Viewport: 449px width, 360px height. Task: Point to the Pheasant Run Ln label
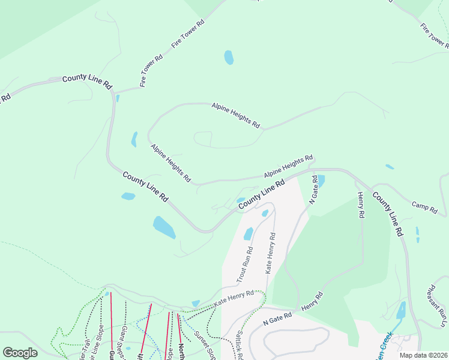coord(436,306)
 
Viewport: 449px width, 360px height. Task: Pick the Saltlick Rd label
coord(239,346)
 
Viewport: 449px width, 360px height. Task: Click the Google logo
coord(20,353)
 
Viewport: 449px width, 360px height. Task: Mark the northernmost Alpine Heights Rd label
coord(236,115)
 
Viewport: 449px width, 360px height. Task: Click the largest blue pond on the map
coord(164,227)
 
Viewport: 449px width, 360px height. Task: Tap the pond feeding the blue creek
coord(401,310)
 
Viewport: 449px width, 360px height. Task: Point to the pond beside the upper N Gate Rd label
coord(321,180)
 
